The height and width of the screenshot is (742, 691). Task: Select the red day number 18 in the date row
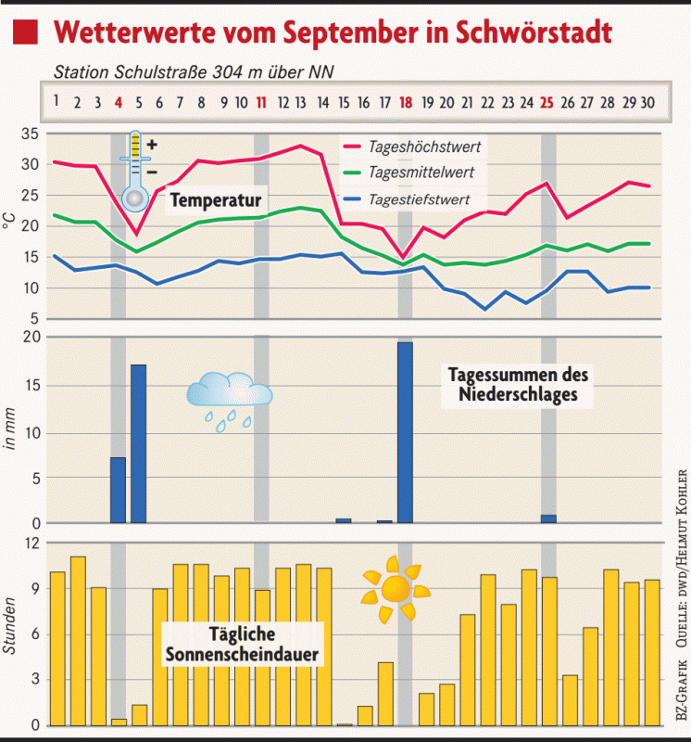pyautogui.click(x=405, y=103)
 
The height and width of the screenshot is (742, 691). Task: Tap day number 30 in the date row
pyautogui.click(x=648, y=103)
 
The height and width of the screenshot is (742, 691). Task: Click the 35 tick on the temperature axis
pyautogui.click(x=28, y=134)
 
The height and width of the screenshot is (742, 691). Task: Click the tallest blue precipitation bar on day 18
pyautogui.click(x=405, y=432)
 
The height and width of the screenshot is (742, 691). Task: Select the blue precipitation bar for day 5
pyautogui.click(x=138, y=443)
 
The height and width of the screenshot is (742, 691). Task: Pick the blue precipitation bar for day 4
pyautogui.click(x=118, y=490)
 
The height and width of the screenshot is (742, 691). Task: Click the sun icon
pyautogui.click(x=396, y=589)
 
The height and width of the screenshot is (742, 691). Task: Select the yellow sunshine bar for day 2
pyautogui.click(x=78, y=640)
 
